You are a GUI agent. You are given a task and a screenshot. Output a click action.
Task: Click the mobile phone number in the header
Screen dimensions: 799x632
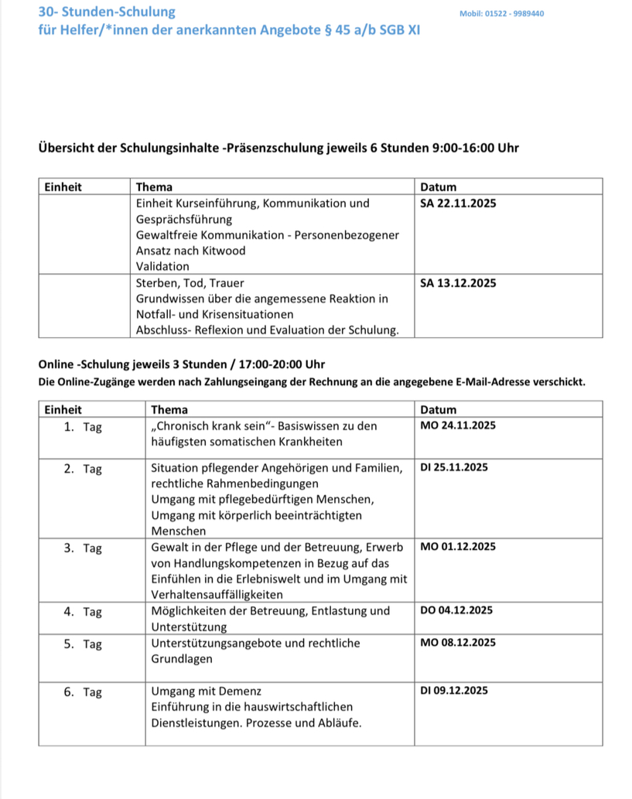point(501,14)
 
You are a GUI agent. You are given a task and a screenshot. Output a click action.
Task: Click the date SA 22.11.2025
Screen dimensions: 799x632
point(458,203)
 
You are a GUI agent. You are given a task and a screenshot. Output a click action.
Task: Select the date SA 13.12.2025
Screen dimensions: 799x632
point(458,283)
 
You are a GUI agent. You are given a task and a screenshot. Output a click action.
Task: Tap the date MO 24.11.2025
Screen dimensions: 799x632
point(458,426)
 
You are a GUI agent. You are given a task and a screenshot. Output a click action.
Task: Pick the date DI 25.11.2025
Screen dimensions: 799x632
point(454,467)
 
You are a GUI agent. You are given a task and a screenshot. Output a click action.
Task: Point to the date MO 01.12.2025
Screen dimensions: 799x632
point(458,547)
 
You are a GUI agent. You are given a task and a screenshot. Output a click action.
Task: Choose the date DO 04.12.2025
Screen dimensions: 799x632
point(456,610)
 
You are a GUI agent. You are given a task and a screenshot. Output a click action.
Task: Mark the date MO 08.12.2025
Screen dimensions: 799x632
point(458,643)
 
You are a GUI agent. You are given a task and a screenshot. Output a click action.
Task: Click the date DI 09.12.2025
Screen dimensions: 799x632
point(454,691)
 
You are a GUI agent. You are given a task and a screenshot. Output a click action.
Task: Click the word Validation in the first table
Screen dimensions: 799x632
point(162,266)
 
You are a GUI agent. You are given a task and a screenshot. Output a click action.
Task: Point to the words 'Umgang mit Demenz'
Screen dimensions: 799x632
point(207,691)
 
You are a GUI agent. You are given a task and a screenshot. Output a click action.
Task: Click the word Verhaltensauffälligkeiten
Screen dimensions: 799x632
point(217,594)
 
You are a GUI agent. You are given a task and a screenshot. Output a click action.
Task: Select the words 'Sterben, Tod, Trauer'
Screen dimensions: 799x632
point(190,283)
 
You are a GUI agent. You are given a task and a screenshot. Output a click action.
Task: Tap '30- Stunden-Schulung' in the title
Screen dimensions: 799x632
point(107,12)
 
